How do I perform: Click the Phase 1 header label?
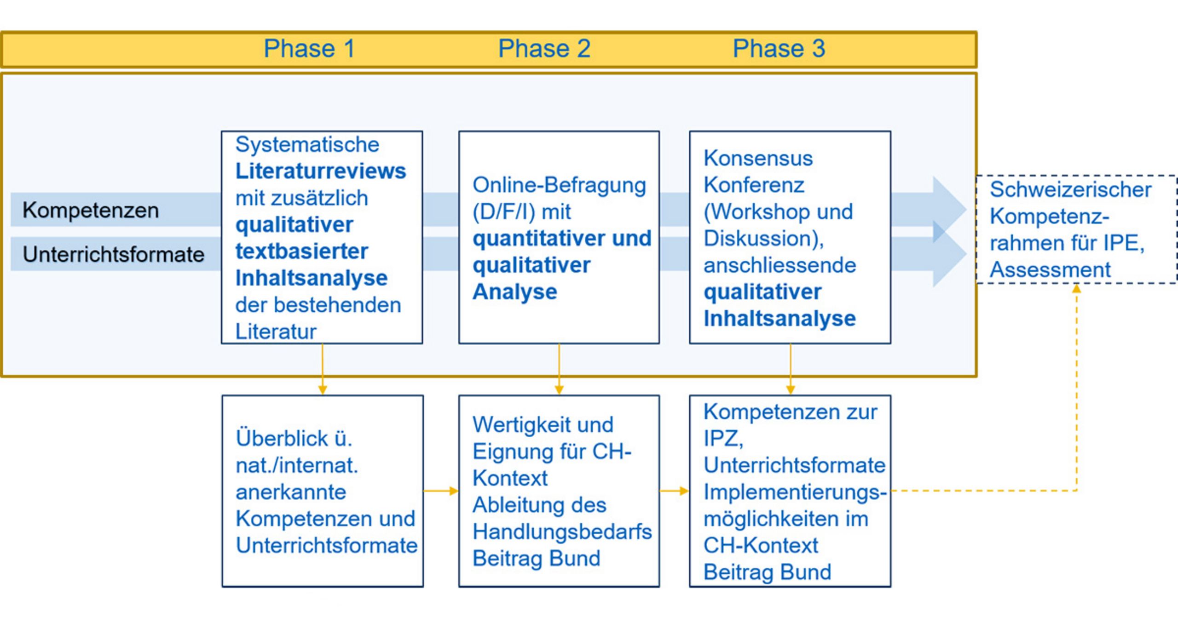[x=309, y=49]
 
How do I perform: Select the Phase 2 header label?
[x=544, y=49]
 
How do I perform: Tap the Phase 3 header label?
[x=779, y=49]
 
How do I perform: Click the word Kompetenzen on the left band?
[x=91, y=211]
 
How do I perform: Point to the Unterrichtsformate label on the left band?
[x=114, y=254]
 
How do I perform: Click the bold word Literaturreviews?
[x=321, y=171]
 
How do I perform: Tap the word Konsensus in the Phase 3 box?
[x=758, y=159]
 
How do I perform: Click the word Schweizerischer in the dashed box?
[x=1070, y=190]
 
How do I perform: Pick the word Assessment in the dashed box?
[x=1050, y=270]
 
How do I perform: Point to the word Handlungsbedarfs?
[x=562, y=532]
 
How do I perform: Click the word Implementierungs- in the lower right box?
[x=795, y=492]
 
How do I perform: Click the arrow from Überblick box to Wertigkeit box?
[x=441, y=491]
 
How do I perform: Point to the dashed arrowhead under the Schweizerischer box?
[x=1076, y=289]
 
